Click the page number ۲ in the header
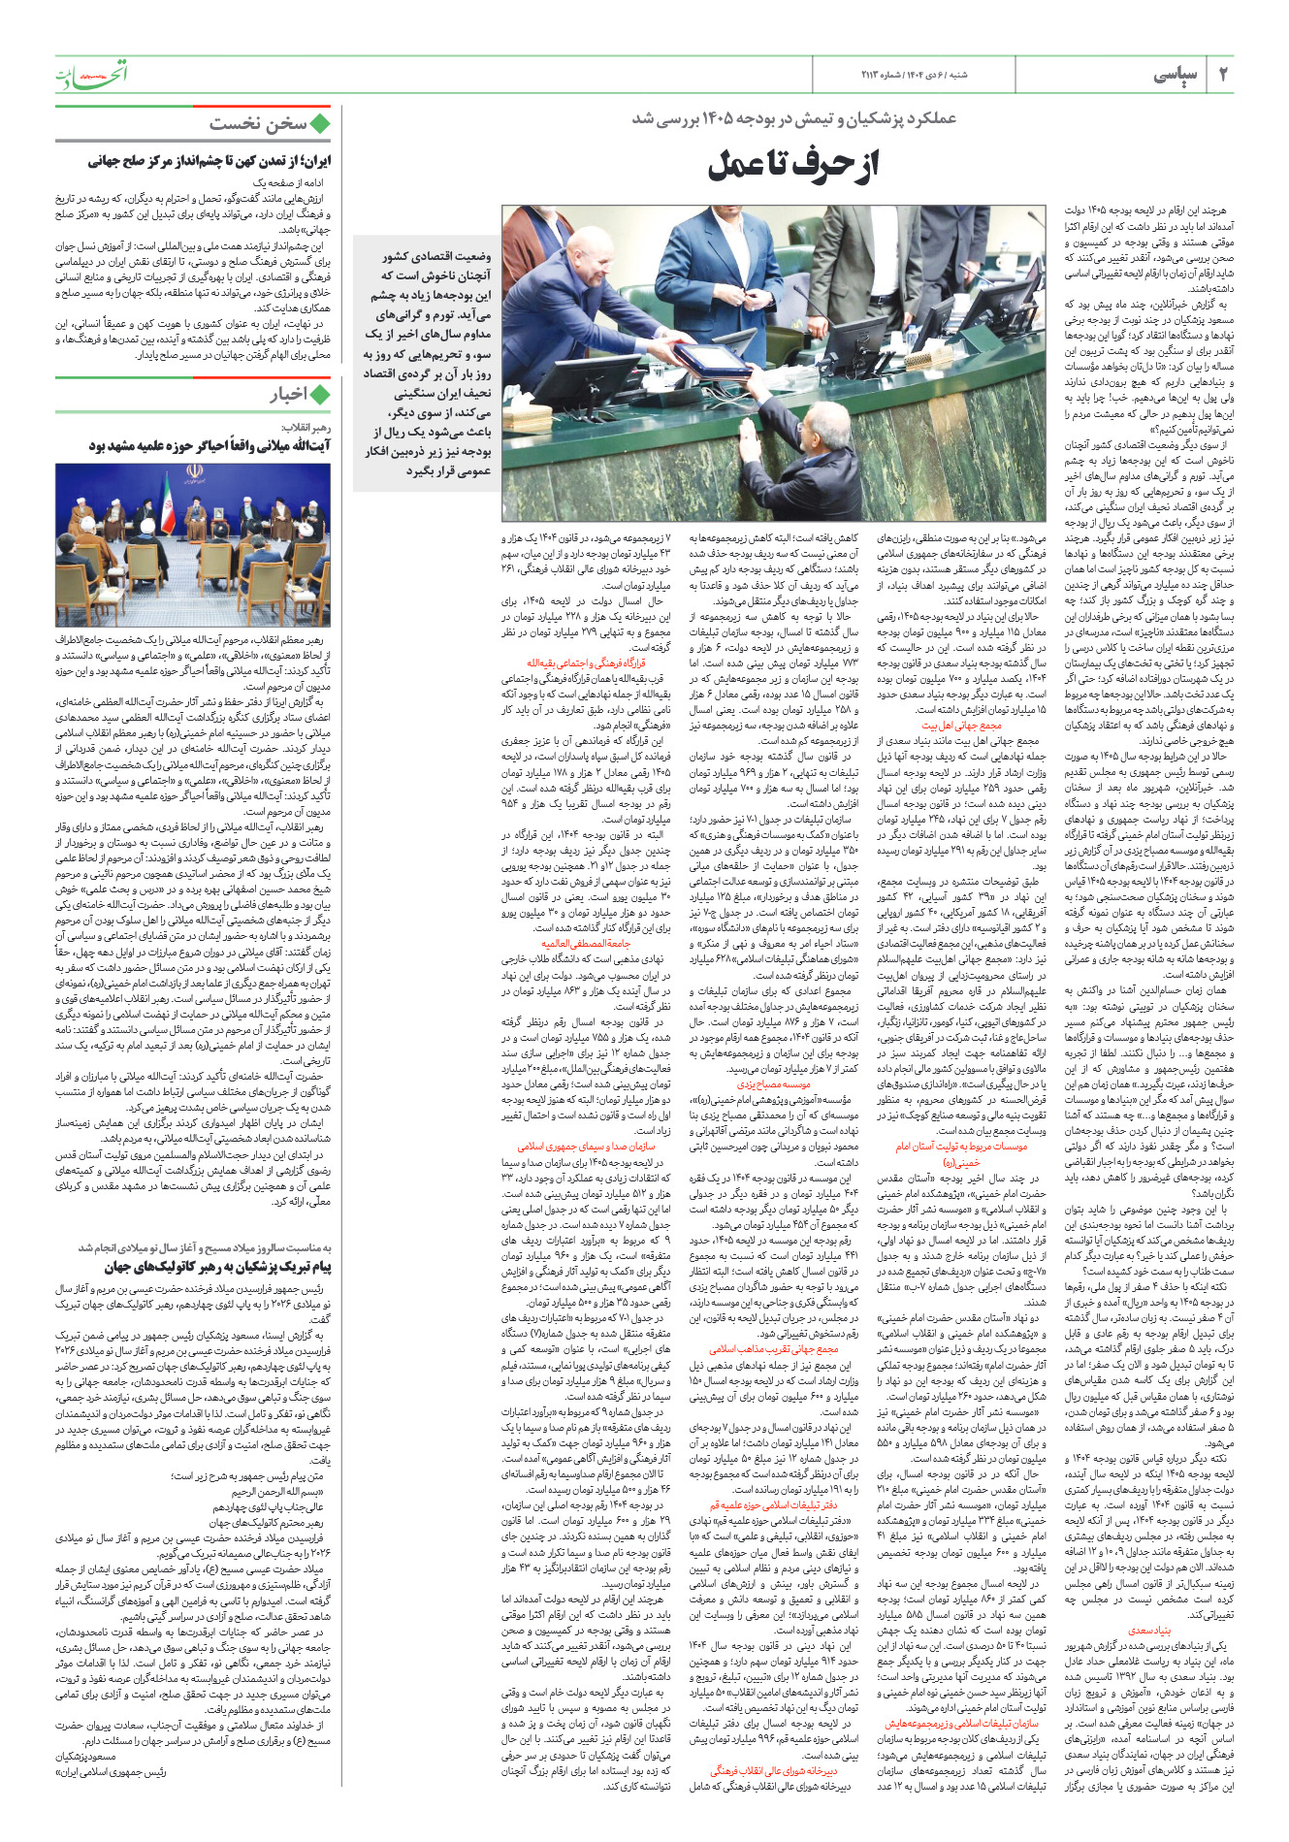coord(1223,75)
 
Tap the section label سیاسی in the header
coord(1176,75)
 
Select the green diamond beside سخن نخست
coord(320,123)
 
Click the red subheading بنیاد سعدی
coord(1150,1631)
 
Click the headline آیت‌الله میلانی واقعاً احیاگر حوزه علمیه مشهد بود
coord(209,445)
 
